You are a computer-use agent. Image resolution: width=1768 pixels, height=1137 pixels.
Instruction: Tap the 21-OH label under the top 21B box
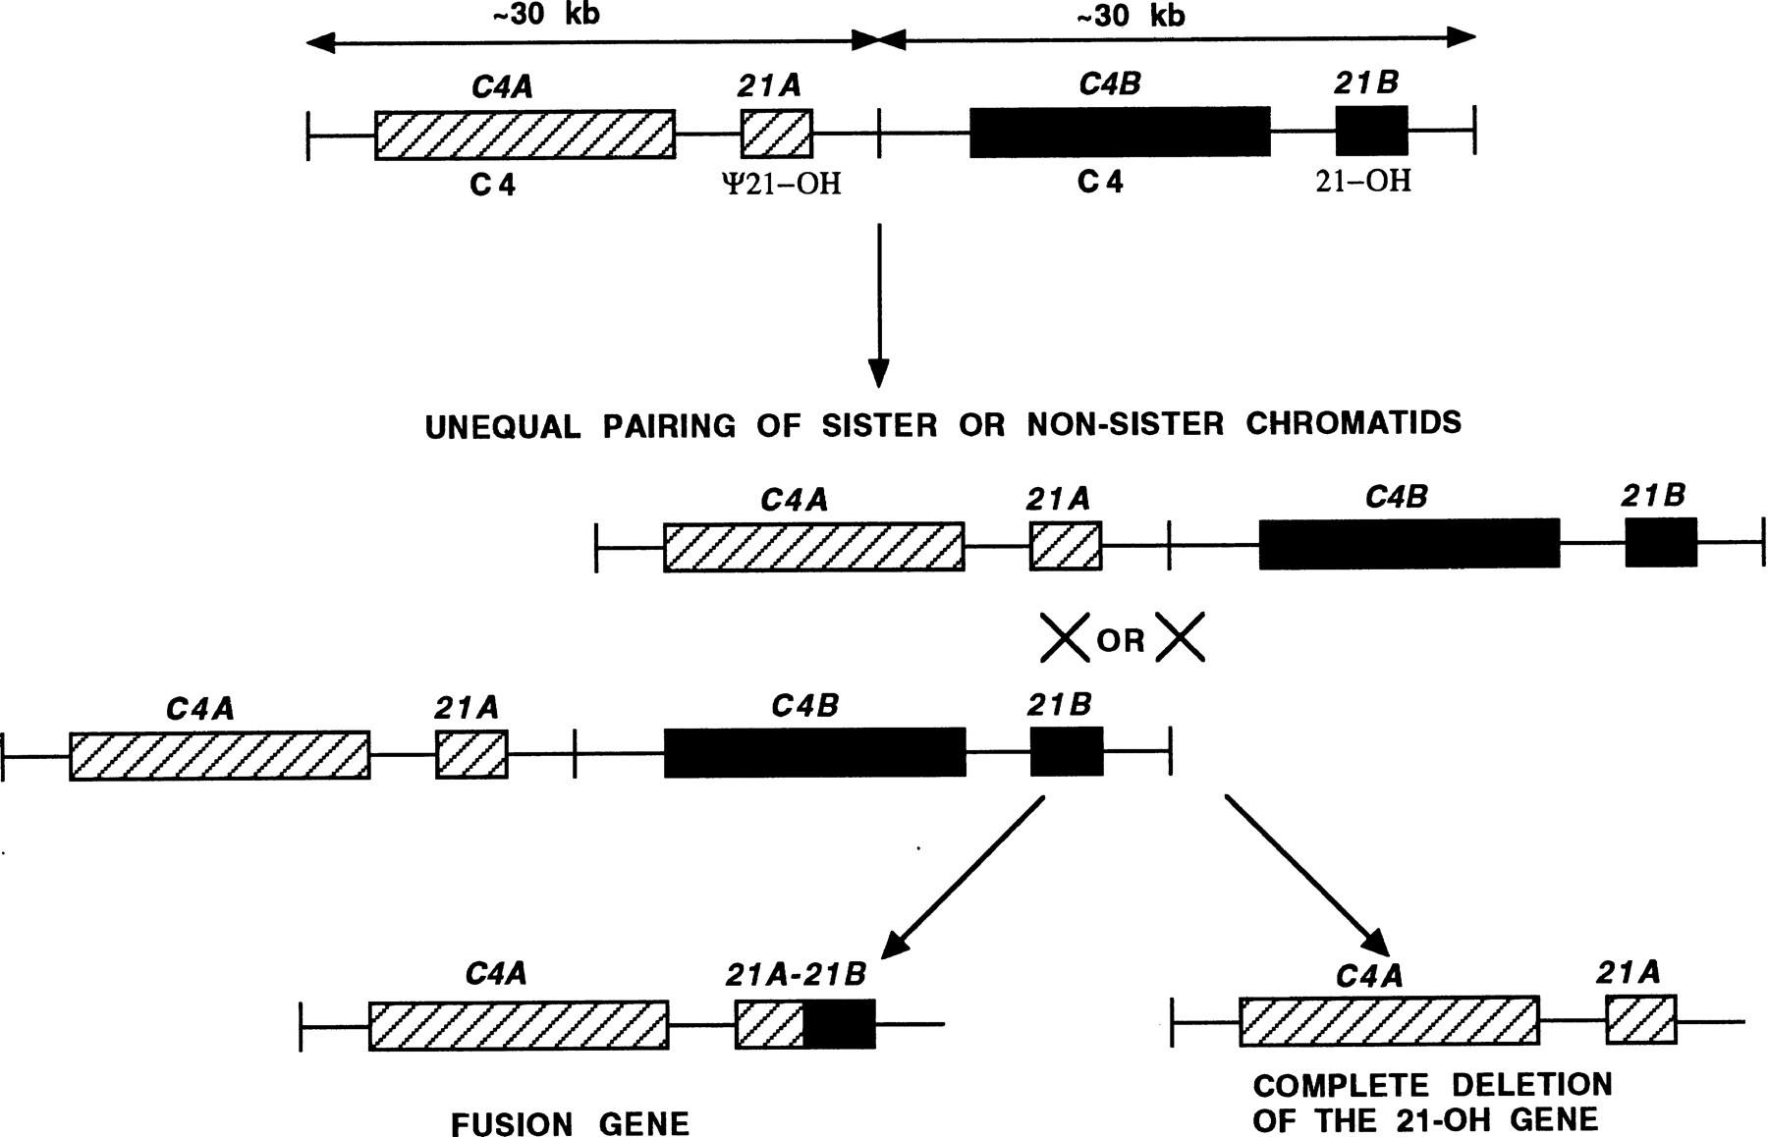[x=1362, y=181]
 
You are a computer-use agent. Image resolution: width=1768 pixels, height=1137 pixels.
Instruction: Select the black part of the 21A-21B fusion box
[x=839, y=1024]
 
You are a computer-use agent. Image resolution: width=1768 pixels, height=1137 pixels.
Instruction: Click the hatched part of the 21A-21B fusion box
[x=769, y=1024]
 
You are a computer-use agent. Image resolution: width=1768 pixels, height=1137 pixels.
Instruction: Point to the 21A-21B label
[x=796, y=974]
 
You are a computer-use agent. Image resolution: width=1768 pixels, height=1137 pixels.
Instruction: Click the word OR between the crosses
[x=1121, y=640]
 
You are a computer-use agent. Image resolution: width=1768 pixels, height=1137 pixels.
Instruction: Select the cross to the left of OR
[x=1065, y=638]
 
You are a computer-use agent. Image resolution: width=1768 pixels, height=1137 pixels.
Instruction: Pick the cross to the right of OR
[x=1180, y=638]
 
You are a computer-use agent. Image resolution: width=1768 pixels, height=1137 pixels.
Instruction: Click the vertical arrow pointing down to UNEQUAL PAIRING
[x=879, y=304]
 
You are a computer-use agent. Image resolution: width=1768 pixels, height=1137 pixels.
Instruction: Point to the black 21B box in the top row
[x=1371, y=131]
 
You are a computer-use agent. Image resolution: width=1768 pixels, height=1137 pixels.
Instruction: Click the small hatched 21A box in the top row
[x=776, y=134]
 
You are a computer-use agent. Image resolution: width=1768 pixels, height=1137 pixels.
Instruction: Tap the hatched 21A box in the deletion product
[x=1640, y=1019]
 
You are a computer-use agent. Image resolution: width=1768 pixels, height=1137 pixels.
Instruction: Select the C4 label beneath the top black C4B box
[x=1099, y=182]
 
